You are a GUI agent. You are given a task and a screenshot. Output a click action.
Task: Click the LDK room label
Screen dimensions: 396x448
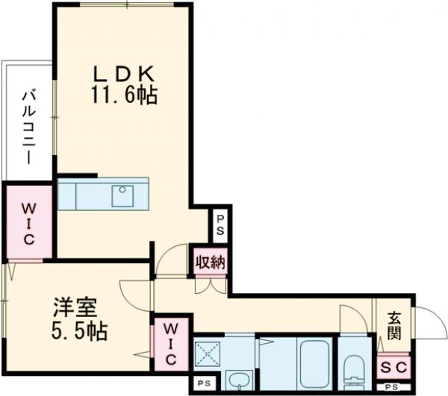(x=123, y=75)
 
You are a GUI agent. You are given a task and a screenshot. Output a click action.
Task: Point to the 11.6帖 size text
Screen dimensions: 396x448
(x=124, y=95)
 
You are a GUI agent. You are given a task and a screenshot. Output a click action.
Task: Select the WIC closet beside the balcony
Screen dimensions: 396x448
(x=28, y=222)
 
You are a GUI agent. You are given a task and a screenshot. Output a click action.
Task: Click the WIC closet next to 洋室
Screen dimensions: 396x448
(x=171, y=342)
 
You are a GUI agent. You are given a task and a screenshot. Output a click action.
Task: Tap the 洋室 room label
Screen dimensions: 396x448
(x=77, y=308)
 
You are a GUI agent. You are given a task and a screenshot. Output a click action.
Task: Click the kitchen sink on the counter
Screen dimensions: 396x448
(x=122, y=195)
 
